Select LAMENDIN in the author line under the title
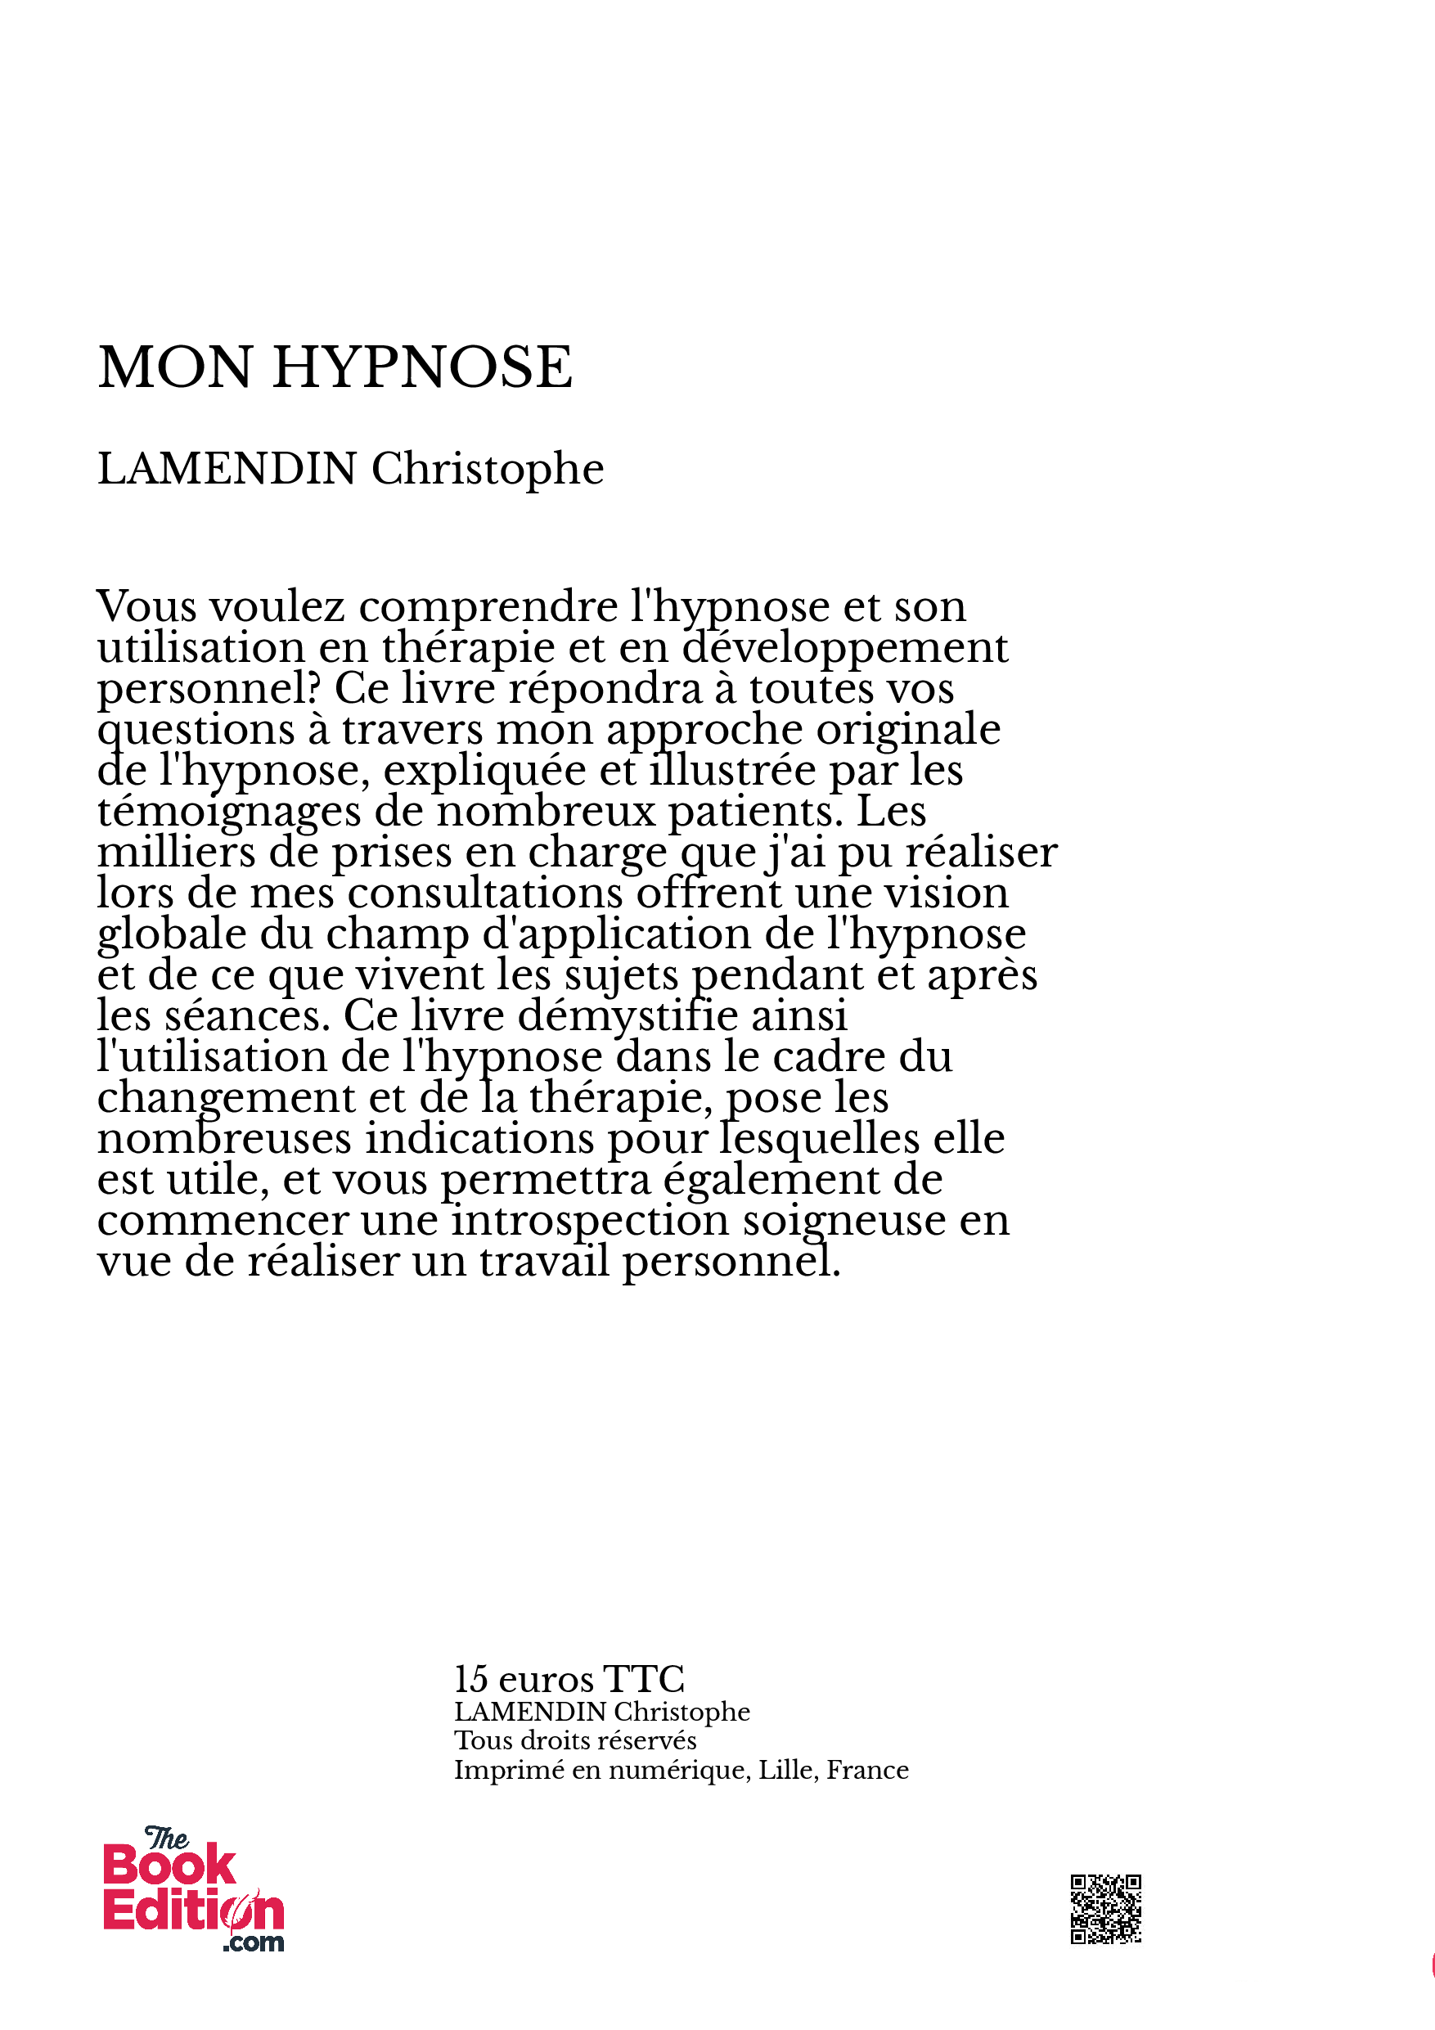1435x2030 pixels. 227,469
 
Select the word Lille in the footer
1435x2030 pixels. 786,1769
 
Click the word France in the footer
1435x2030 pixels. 867,1769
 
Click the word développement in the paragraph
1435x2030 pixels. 844,648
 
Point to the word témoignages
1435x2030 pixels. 228,812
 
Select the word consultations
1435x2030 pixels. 485,893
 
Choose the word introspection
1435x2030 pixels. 590,1220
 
